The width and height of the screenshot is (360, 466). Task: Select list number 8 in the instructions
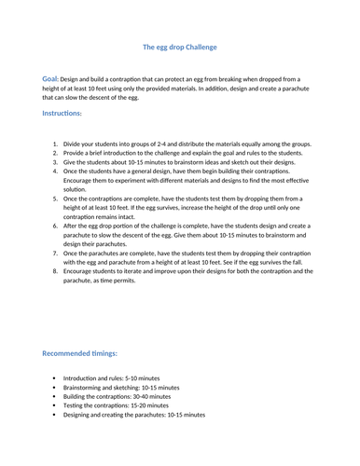55,271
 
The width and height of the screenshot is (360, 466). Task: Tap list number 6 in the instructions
55,226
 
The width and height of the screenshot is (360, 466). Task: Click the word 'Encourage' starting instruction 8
82,271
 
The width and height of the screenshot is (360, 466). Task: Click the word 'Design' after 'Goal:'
77,79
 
